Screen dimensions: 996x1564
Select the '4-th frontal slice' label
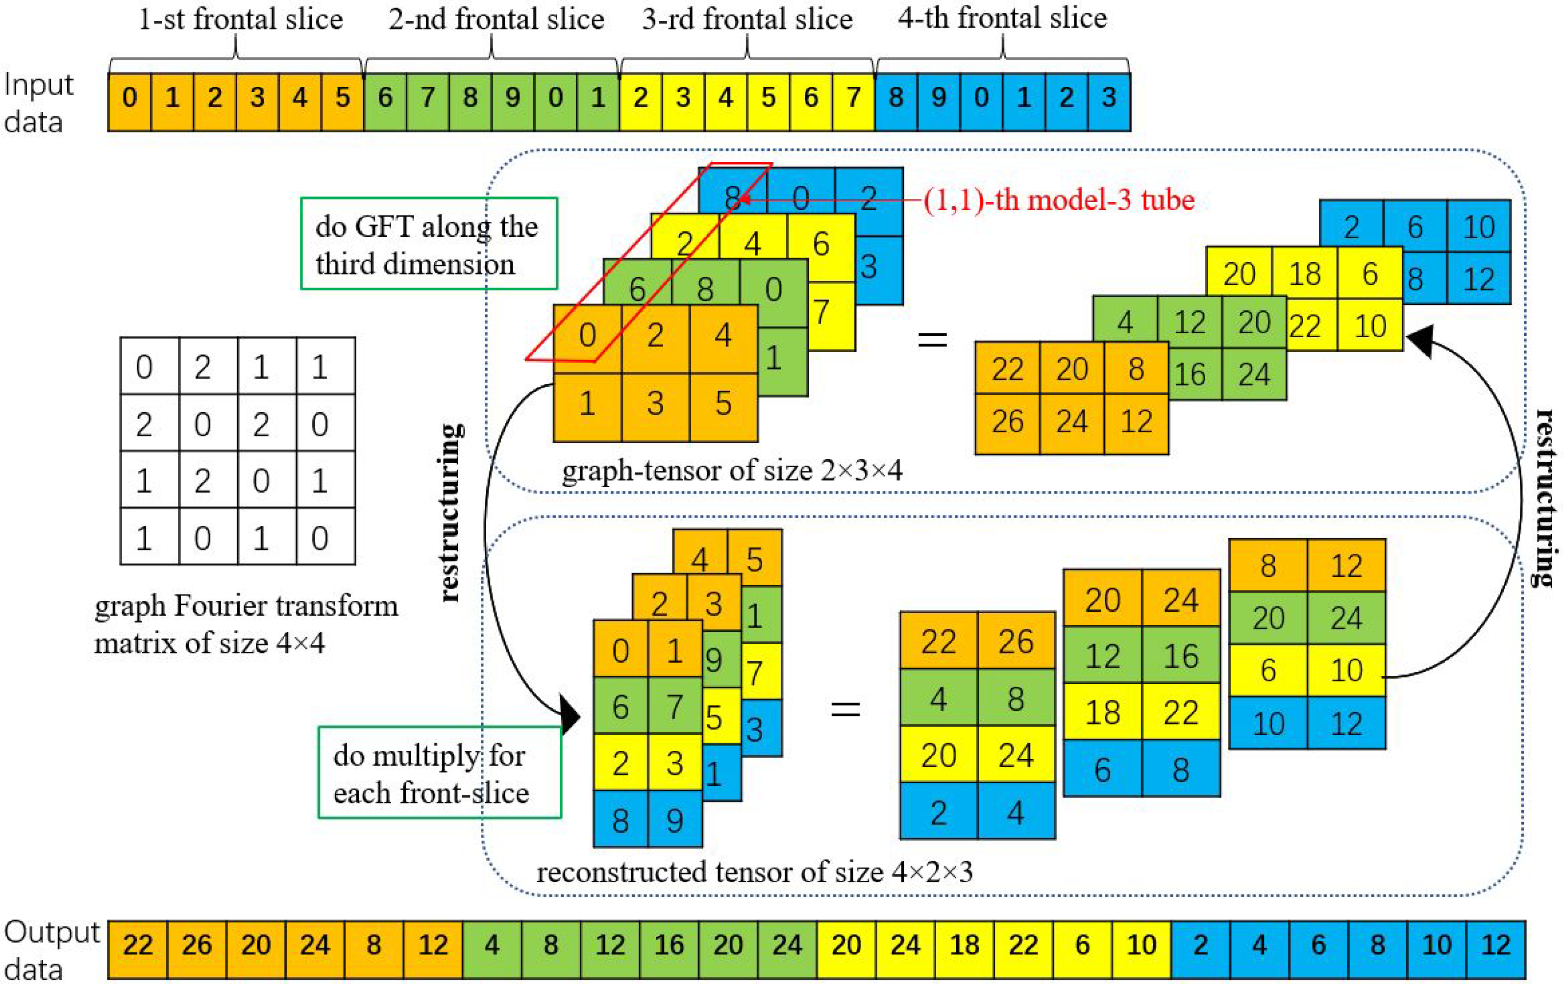(x=1002, y=18)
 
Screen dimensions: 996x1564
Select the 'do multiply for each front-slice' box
(x=439, y=773)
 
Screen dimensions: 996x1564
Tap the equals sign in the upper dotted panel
(x=932, y=339)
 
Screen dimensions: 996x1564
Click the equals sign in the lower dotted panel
(x=845, y=708)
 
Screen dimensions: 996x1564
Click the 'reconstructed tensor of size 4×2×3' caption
(x=754, y=872)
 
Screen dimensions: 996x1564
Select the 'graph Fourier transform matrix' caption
(x=246, y=623)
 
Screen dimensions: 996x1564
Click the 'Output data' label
(x=50, y=950)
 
